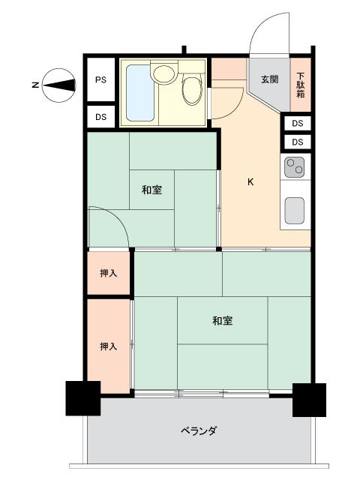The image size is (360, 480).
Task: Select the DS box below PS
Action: [100, 116]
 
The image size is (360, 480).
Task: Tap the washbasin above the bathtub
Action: [163, 73]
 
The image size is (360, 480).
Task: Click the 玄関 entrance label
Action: [269, 79]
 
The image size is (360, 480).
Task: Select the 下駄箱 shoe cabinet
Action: [300, 84]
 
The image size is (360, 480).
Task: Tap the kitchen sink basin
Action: [295, 210]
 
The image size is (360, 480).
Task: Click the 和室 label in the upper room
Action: [151, 190]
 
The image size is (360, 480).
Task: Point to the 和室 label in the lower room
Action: [222, 321]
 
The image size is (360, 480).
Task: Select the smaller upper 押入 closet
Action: [109, 274]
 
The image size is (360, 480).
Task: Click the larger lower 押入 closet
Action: [109, 346]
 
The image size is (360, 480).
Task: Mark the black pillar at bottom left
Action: [83, 399]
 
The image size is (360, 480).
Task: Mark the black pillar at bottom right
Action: [308, 399]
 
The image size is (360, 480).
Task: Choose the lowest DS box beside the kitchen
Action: [298, 142]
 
